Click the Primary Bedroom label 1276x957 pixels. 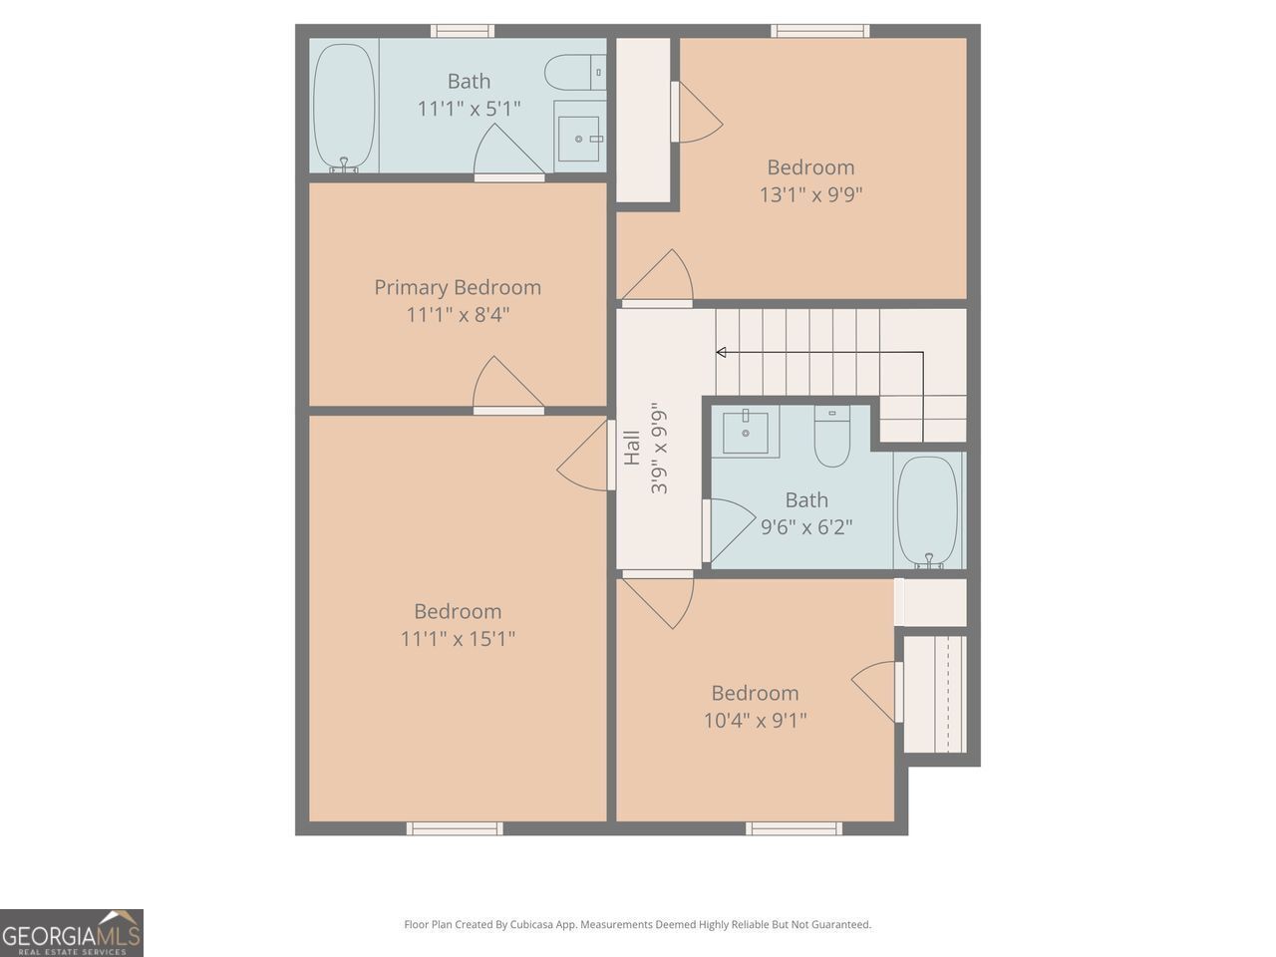[x=458, y=287]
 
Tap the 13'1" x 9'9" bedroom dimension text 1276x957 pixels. [x=810, y=194]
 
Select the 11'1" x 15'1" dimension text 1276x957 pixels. [x=458, y=639]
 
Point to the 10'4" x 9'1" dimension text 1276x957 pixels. [x=756, y=721]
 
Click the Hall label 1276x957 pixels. [x=632, y=448]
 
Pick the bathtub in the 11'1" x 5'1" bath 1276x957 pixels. [x=344, y=108]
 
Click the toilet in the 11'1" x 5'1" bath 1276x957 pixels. [x=575, y=72]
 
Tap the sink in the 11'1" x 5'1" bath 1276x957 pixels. [x=579, y=139]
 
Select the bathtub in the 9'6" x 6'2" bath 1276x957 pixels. [x=927, y=512]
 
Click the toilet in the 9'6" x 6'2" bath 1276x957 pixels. [x=831, y=436]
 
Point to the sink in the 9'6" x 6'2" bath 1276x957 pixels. [x=746, y=433]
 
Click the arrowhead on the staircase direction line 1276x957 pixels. [x=721, y=352]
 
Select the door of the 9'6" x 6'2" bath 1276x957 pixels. [x=729, y=529]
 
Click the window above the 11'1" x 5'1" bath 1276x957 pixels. [x=463, y=31]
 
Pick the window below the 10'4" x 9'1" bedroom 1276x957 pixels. [x=794, y=828]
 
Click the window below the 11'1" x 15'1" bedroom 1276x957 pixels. [x=455, y=828]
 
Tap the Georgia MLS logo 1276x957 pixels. [x=72, y=933]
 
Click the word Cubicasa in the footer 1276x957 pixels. [x=532, y=924]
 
